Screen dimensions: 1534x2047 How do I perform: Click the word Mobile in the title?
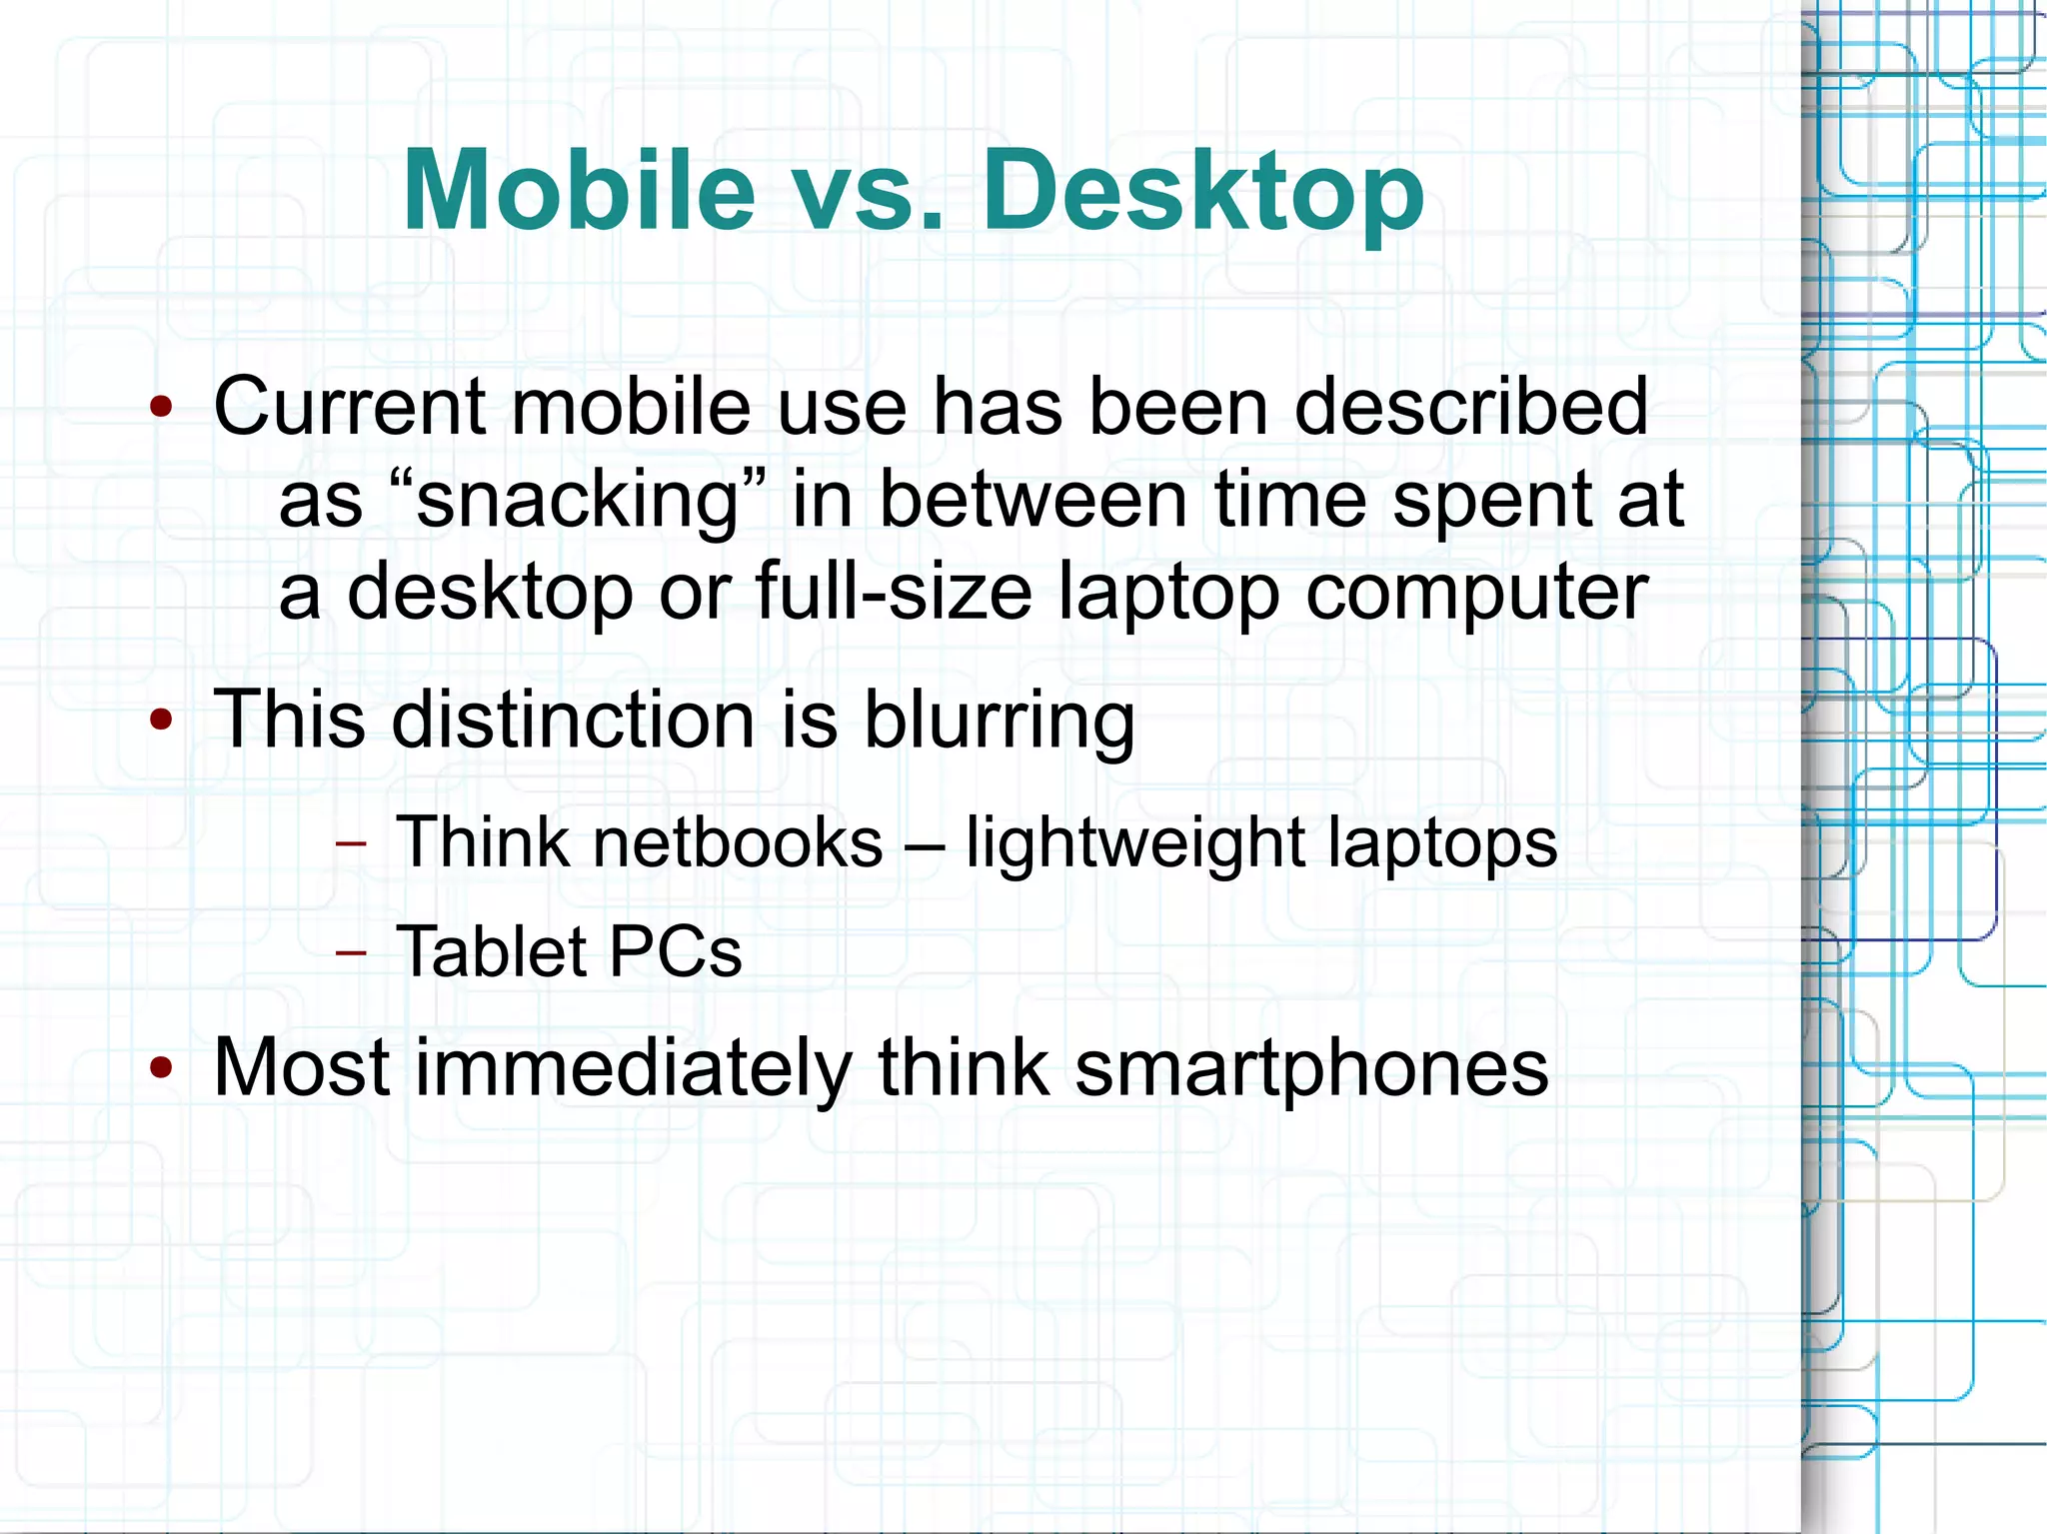[579, 190]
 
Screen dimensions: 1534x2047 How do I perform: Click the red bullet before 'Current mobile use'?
[161, 408]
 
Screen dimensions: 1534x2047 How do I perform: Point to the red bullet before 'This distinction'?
[161, 720]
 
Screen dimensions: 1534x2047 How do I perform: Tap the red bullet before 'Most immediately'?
[161, 1068]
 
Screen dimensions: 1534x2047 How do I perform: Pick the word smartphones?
[1311, 1068]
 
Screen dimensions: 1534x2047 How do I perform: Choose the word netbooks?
[739, 842]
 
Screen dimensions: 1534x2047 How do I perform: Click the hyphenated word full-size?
[894, 592]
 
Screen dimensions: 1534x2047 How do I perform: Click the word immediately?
[633, 1068]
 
